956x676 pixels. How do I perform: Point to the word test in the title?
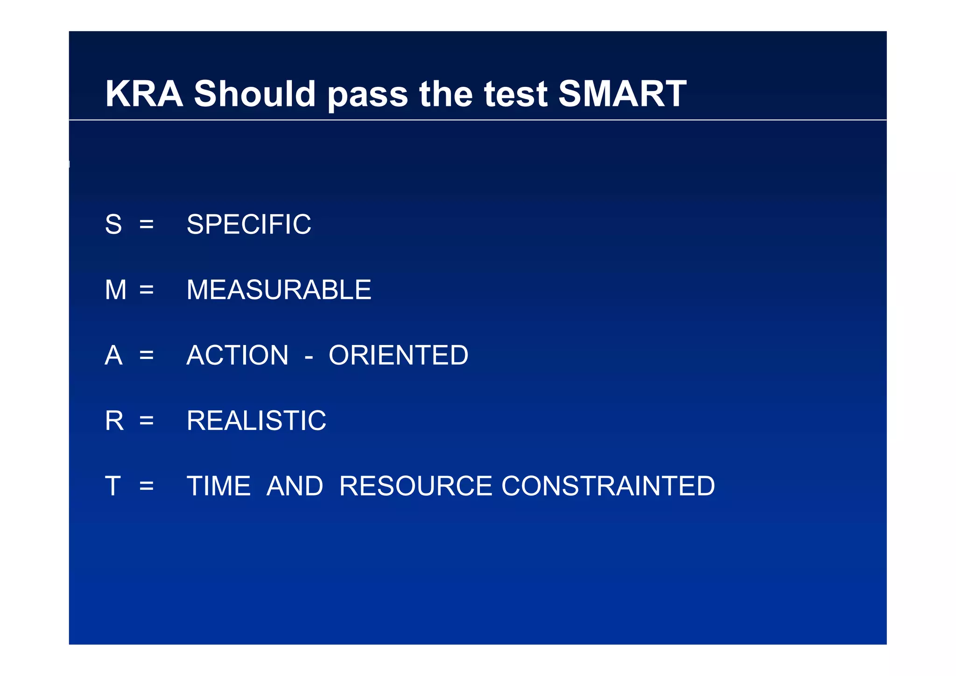(515, 95)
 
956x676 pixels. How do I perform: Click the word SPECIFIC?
(249, 225)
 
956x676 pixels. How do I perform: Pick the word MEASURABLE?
(279, 290)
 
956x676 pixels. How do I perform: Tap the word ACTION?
(238, 355)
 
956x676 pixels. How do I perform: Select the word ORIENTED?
(398, 355)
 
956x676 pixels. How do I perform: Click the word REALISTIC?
(256, 421)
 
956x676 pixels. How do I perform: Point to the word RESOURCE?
(415, 486)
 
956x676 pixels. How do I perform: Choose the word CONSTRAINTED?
(608, 486)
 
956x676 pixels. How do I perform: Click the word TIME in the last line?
(218, 486)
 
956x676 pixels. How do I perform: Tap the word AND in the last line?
(295, 486)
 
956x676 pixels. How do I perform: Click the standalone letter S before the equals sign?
(113, 225)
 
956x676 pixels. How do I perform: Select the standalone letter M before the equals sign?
(115, 290)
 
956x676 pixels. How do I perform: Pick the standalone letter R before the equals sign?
(114, 421)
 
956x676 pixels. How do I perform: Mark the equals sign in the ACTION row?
(147, 356)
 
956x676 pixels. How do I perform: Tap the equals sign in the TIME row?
(147, 486)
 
